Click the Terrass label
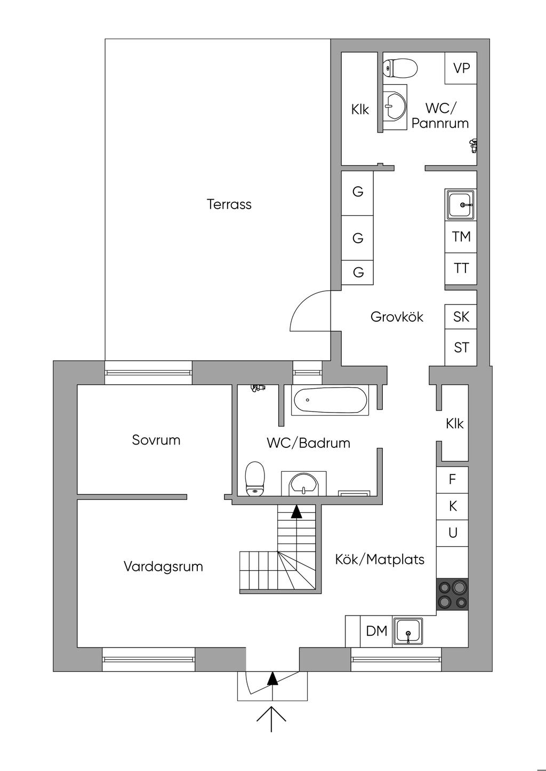pos(229,204)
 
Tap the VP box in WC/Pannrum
pos(461,68)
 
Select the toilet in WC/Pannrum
pos(400,68)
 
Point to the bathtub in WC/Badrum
pos(330,400)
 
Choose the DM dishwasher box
pos(376,631)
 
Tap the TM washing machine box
pos(461,236)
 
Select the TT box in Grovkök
pos(461,268)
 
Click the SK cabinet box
pos(461,317)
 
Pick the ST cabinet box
pos(461,348)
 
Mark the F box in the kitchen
pos(452,480)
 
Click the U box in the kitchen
pos(452,533)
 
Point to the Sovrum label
pos(156,440)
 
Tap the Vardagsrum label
pos(163,567)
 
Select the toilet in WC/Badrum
pos(255,478)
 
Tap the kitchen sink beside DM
pos(408,632)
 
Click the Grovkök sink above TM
pos(460,204)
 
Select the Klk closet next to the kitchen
pos(454,424)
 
